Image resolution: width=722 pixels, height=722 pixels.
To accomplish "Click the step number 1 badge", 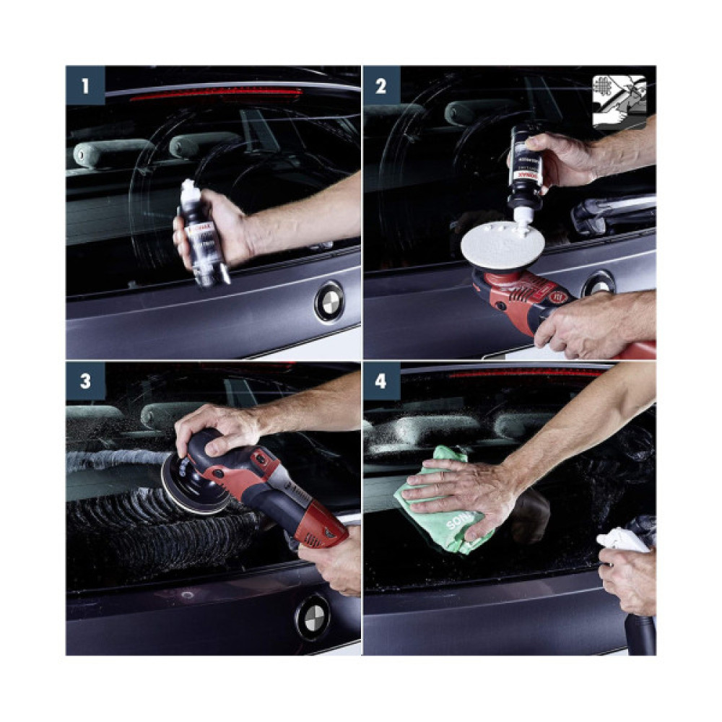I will pos(85,85).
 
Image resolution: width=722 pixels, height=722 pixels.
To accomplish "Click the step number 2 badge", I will pos(381,85).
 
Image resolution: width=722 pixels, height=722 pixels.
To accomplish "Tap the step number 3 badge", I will pos(85,381).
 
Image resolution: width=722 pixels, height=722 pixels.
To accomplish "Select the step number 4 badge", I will pos(381,381).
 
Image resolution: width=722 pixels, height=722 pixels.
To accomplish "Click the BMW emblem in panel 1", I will pos(329,301).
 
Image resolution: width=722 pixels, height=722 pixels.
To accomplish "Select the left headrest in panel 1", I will pos(113,152).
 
